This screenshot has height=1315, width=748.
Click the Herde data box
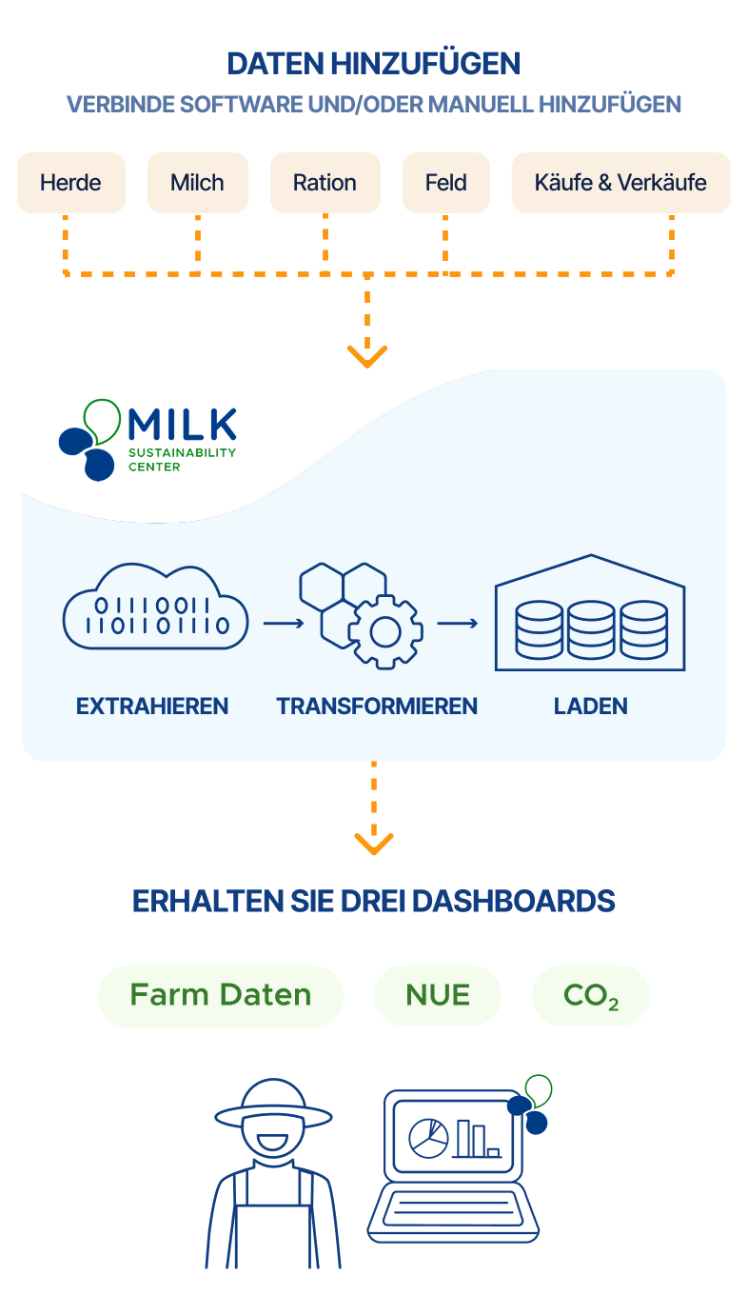point(71,183)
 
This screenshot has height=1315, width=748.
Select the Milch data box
point(198,183)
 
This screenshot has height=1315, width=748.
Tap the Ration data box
point(325,183)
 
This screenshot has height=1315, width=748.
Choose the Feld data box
point(446,183)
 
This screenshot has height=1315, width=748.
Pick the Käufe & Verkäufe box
point(620,183)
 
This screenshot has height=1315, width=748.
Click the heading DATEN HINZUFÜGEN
point(374,64)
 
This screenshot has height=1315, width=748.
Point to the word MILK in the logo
point(183,425)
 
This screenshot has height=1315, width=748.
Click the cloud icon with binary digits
point(155,607)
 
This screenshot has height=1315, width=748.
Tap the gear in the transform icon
point(385,631)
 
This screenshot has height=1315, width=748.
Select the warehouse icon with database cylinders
point(590,612)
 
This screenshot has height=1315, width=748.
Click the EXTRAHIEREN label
point(152,707)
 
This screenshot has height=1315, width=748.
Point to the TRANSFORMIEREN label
point(377,707)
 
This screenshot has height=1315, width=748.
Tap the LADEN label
point(590,707)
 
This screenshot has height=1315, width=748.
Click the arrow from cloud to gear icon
point(284,623)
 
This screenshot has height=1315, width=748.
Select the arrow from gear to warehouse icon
point(458,623)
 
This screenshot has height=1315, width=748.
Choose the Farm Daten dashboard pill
point(221,996)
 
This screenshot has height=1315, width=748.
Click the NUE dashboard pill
point(438,996)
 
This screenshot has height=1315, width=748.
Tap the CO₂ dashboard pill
point(591,996)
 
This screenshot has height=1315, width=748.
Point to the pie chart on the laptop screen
point(428,1138)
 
